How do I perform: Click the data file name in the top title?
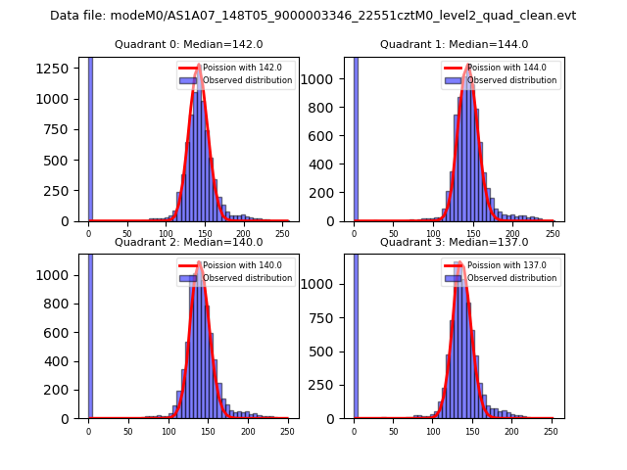[x=313, y=16]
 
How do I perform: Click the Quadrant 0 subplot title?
[x=188, y=44]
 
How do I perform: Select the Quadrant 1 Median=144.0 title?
[x=454, y=44]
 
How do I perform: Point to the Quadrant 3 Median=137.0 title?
[x=454, y=242]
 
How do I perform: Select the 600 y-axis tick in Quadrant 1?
[x=330, y=132]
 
